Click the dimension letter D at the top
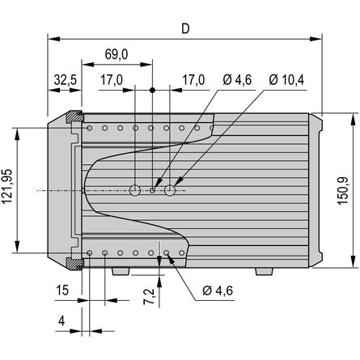pyautogui.click(x=185, y=28)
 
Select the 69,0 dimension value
pyautogui.click(x=116, y=54)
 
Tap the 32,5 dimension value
pyautogui.click(x=66, y=80)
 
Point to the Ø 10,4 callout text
pyautogui.click(x=286, y=79)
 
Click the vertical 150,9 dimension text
pyautogui.click(x=343, y=191)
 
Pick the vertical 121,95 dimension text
pyautogui.click(x=7, y=186)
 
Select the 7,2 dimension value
pyautogui.click(x=149, y=296)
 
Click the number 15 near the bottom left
pyautogui.click(x=62, y=290)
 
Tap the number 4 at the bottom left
pyautogui.click(x=61, y=321)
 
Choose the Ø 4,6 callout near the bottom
pyautogui.click(x=218, y=290)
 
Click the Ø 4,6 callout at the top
pyautogui.click(x=237, y=79)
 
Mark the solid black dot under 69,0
pyautogui.click(x=152, y=90)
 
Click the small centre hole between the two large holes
pyautogui.click(x=152, y=190)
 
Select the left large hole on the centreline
pyautogui.click(x=135, y=190)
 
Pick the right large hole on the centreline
pyautogui.click(x=170, y=190)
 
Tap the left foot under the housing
pyautogui.click(x=121, y=271)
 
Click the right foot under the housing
pyautogui.click(x=265, y=271)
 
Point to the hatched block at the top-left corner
pyautogui.click(x=74, y=116)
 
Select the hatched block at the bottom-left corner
pyautogui.click(x=74, y=264)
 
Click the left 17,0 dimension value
pyautogui.click(x=112, y=80)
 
